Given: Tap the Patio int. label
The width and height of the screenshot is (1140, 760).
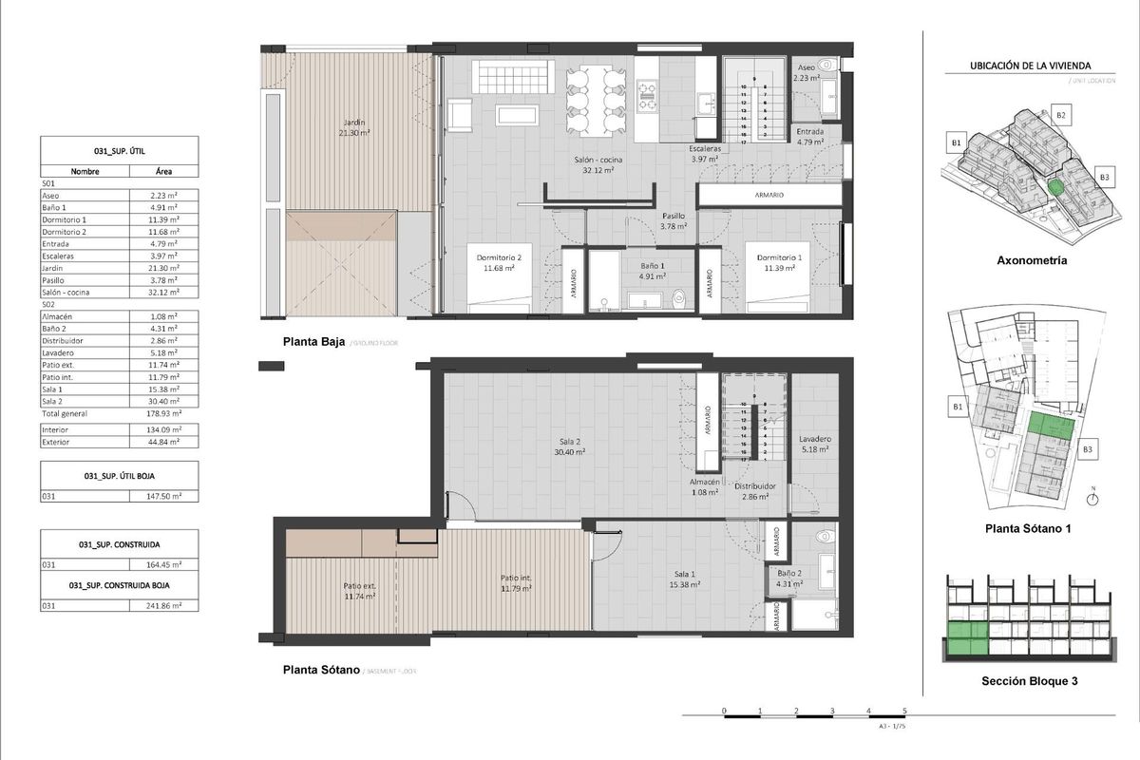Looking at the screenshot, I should point(516,582).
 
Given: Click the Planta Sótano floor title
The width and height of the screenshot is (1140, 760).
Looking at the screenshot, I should point(321,670).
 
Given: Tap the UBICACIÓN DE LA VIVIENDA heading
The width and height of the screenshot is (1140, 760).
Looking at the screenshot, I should point(1029,66).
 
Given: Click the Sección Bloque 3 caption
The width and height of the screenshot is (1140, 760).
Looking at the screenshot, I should point(1030,681).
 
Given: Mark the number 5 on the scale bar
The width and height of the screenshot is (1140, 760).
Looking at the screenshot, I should point(904,711).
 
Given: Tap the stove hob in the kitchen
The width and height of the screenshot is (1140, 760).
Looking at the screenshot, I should point(647,91).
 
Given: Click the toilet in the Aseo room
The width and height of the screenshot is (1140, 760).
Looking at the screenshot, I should point(826,66).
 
